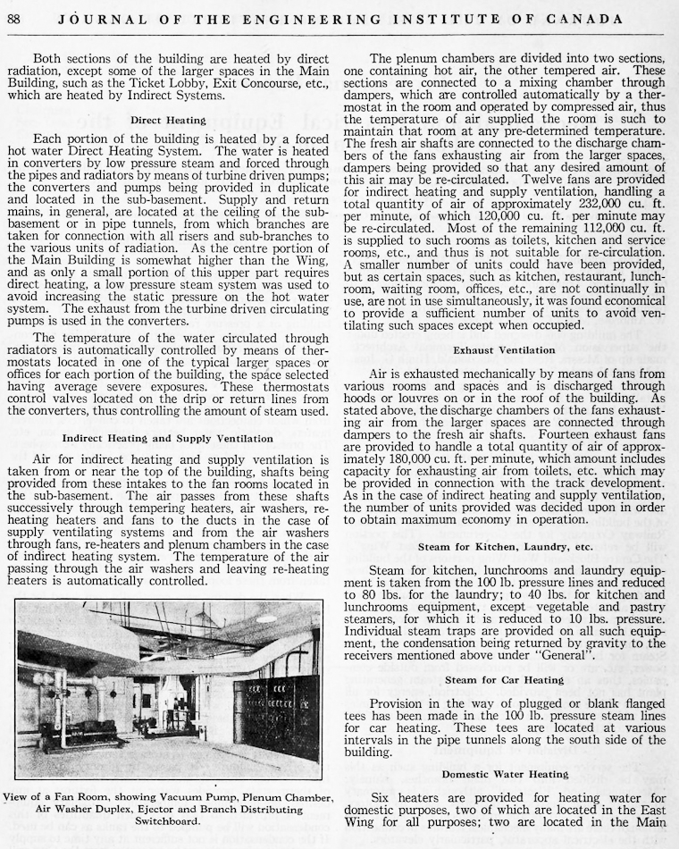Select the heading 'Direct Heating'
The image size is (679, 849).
pyautogui.click(x=168, y=120)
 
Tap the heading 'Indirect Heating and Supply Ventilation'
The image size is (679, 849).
pyautogui.click(x=168, y=439)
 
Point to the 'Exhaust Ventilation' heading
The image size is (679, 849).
pyautogui.click(x=504, y=349)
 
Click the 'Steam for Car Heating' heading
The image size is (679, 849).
pyautogui.click(x=504, y=681)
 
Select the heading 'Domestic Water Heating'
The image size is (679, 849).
pyautogui.click(x=505, y=774)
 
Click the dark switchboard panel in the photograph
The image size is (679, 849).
pyautogui.click(x=281, y=715)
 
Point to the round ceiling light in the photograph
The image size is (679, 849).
pyautogui.click(x=265, y=618)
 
